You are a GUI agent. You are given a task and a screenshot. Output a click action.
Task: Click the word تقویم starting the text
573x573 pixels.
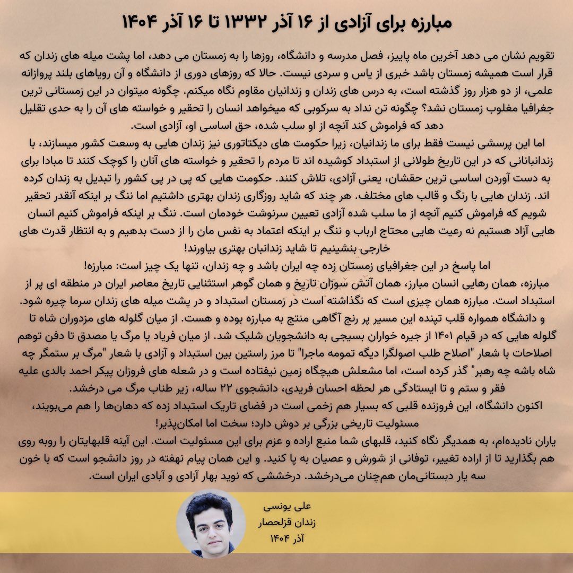pyautogui.click(x=540, y=55)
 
